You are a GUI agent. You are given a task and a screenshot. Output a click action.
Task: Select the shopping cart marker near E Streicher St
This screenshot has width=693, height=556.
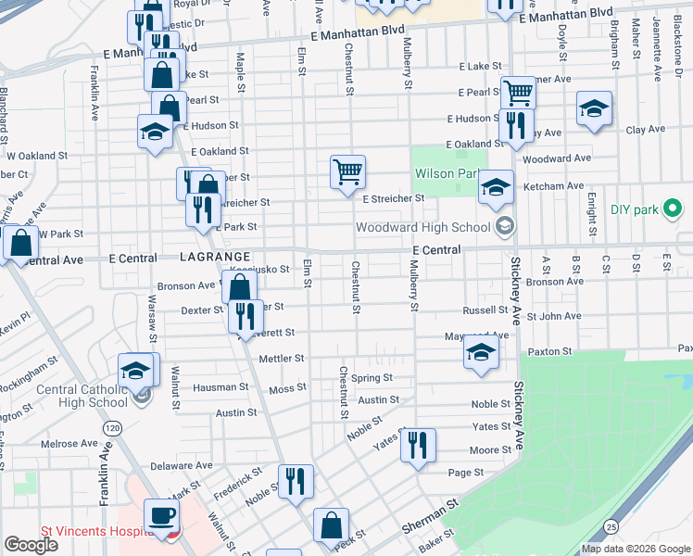click(x=347, y=171)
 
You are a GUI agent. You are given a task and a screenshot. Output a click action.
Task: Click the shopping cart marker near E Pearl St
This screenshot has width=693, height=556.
click(x=518, y=93)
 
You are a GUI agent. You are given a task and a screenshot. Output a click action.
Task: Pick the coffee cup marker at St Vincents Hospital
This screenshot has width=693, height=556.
click(x=161, y=516)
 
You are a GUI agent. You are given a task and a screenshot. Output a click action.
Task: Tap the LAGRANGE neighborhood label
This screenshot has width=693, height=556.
click(x=216, y=256)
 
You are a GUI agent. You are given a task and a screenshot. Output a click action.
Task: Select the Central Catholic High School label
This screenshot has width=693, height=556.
click(x=82, y=396)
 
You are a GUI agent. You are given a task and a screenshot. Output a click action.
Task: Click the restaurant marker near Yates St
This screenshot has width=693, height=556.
click(x=418, y=446)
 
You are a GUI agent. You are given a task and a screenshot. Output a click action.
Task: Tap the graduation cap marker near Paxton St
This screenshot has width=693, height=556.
click(x=480, y=352)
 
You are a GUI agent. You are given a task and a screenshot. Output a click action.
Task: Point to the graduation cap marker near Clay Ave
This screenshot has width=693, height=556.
click(x=594, y=108)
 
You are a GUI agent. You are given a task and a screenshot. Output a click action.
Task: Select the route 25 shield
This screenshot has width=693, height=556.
click(x=611, y=526)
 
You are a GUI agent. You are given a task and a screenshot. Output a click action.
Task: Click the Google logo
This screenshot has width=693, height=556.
click(x=31, y=545)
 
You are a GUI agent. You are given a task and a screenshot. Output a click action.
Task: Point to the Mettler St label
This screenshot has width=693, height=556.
click(x=282, y=358)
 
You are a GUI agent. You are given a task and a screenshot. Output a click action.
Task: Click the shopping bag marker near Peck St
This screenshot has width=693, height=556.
click(x=331, y=525)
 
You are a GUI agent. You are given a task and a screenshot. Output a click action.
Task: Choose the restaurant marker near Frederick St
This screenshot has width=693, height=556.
click(x=296, y=481)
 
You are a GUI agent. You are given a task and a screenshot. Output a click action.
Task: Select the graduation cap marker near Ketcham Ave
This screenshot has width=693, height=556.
click(x=496, y=188)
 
